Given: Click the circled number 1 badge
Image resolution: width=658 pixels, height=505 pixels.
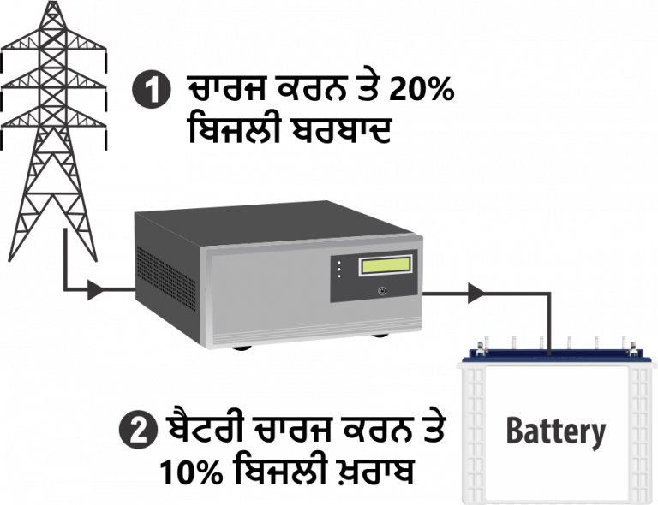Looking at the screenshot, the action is click(x=152, y=90).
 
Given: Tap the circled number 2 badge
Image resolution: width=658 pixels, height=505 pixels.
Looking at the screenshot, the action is click(x=138, y=430).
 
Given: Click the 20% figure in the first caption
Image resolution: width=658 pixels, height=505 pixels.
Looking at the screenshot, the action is click(x=421, y=89).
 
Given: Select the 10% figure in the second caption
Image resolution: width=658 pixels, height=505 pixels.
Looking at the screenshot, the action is click(x=191, y=472).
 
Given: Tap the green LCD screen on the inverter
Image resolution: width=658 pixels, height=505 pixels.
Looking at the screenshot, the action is click(x=386, y=265).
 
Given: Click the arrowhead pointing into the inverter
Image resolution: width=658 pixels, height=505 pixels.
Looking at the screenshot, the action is click(x=95, y=289).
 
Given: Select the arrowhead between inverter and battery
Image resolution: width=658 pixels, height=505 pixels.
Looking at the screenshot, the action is click(x=476, y=293).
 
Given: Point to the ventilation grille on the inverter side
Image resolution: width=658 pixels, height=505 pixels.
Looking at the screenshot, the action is click(x=166, y=278).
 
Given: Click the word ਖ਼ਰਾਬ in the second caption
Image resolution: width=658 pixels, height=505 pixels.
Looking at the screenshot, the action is click(x=380, y=472).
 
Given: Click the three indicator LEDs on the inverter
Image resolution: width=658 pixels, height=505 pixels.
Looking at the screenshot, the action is click(x=339, y=270).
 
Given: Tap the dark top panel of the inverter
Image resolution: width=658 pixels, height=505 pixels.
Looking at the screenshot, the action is click(x=272, y=223).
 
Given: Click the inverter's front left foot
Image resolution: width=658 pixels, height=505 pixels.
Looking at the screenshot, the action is click(x=242, y=348).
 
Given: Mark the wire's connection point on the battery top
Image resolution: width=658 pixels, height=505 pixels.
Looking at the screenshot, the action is click(x=549, y=354).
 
